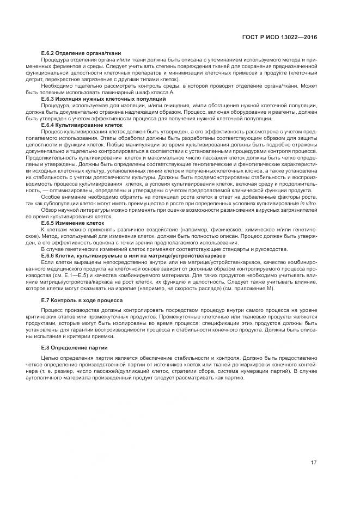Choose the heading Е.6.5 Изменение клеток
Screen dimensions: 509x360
[x=69, y=223]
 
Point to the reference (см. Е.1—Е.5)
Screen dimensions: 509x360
[x=74, y=275]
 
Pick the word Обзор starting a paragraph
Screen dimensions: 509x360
[x=50, y=210]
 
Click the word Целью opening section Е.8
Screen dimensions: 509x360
[x=51, y=358]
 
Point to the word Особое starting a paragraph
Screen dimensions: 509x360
[x=51, y=197]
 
